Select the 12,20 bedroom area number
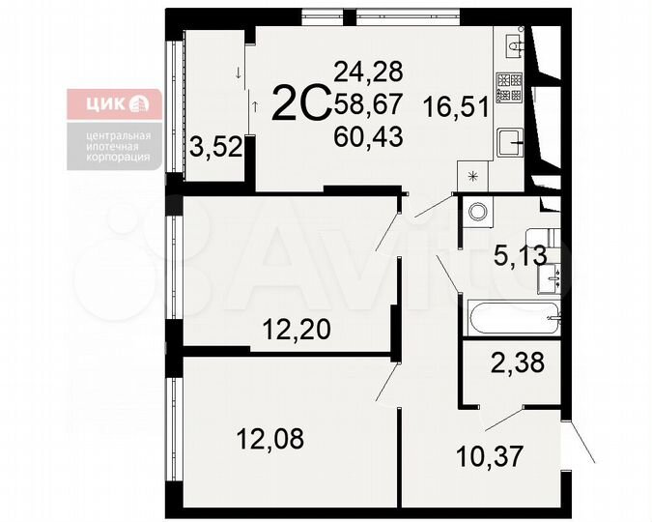pos(297,331)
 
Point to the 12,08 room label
pos(270,439)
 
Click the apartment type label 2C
pos(301,103)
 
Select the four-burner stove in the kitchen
pos(510,88)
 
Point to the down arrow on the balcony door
pos(237,72)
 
